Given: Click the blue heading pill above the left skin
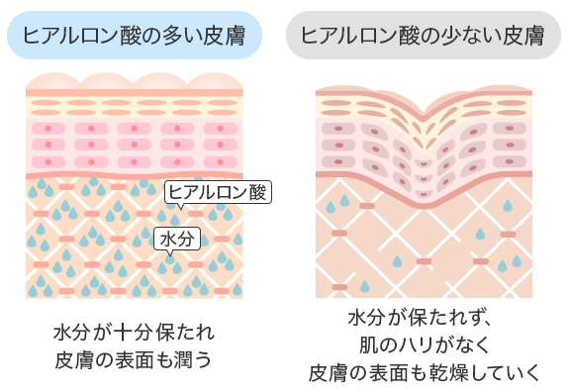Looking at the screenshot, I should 135,37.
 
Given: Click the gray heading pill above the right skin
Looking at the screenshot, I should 424,37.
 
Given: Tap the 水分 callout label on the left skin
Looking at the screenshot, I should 176,240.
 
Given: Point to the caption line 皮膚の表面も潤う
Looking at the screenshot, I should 134,355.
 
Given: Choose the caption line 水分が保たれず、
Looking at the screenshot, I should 427,318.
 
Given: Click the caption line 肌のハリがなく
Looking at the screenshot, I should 425,344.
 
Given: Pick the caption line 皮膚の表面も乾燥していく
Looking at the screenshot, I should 425,372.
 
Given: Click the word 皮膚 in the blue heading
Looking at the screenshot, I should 232,37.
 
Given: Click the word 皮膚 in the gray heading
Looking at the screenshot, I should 522,37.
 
